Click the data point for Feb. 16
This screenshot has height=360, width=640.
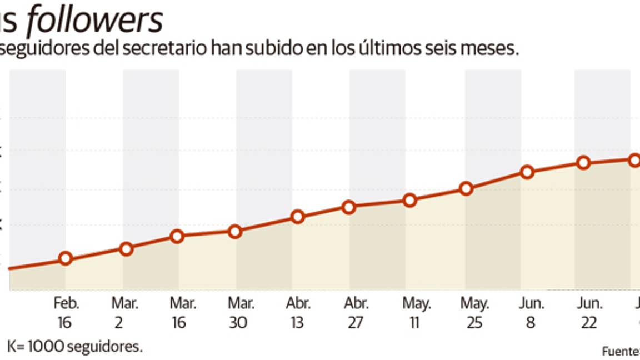point(66,258)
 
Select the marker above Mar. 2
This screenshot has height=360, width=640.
point(126,249)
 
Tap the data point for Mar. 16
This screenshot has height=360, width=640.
point(177,236)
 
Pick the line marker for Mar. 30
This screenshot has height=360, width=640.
point(235,232)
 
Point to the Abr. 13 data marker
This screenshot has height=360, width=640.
point(298,217)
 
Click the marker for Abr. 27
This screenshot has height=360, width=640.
point(349,207)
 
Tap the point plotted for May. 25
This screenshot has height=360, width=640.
point(467,188)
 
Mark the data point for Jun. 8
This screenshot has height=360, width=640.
point(528,172)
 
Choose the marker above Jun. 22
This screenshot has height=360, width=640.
point(583,163)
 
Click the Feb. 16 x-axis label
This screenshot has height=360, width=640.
point(67,313)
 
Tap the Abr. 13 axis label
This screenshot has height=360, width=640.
point(298,313)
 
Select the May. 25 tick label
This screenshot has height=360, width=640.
point(474,313)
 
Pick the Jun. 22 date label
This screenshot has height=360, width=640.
point(589,313)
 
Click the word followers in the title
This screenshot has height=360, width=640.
point(94,21)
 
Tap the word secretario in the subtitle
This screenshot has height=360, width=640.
point(164,48)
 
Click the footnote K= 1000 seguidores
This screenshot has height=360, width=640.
point(74,347)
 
